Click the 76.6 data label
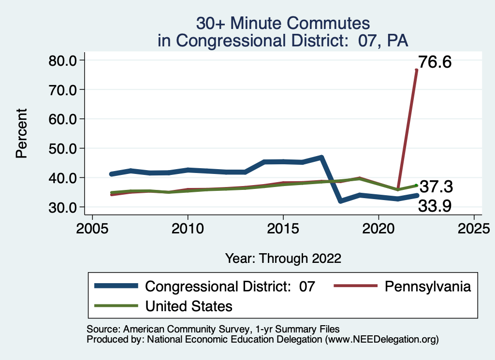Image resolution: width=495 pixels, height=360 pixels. [x=434, y=62]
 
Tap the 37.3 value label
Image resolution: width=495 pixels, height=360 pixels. [x=436, y=187]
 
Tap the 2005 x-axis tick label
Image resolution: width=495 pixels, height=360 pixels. [x=92, y=228]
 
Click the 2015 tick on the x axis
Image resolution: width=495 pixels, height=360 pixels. [x=283, y=228]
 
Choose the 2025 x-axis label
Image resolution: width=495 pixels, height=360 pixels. [x=474, y=228]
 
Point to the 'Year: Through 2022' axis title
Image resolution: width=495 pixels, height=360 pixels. [x=283, y=258]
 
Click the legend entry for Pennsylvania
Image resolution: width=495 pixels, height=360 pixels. [x=427, y=286]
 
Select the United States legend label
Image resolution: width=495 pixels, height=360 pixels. [x=189, y=306]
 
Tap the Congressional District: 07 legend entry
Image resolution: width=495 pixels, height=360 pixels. [x=230, y=286]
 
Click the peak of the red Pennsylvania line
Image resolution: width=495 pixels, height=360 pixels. [x=416, y=71]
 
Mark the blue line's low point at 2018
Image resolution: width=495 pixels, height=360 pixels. [x=340, y=201]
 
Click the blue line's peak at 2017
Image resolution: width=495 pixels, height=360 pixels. [x=321, y=158]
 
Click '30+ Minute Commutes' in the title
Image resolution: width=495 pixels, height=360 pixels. [x=283, y=23]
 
